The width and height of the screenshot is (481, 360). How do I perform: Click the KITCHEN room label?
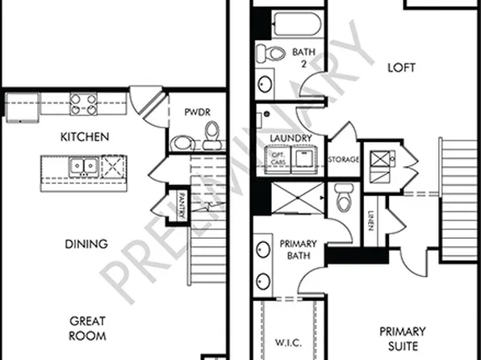tap(85, 136)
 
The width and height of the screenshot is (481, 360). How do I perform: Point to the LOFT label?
tap(400, 68)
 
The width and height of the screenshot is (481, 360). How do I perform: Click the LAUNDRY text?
tap(291, 138)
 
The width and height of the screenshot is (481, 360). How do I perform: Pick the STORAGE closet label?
tap(344, 160)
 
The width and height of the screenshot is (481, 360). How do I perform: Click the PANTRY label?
tap(182, 204)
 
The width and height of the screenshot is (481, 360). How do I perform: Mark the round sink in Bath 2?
tap(265, 84)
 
